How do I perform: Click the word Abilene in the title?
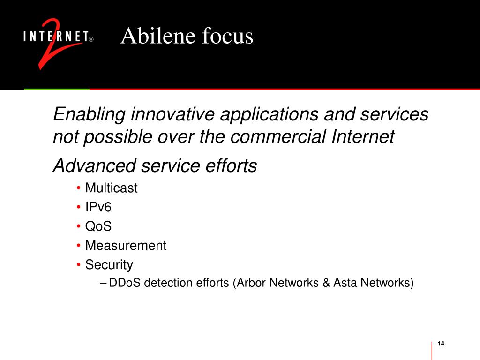(x=158, y=36)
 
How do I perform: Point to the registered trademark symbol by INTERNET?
(x=91, y=39)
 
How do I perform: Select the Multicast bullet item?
(x=112, y=187)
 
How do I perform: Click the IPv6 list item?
(x=98, y=207)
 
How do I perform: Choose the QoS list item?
(x=98, y=226)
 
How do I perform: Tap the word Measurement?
(x=126, y=246)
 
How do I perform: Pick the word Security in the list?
(x=109, y=265)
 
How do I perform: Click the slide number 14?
(x=441, y=344)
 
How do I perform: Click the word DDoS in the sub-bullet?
(x=125, y=283)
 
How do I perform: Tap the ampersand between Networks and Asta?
(x=326, y=283)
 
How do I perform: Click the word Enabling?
(x=90, y=114)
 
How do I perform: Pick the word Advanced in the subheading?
(x=95, y=165)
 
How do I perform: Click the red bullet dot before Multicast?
(x=79, y=187)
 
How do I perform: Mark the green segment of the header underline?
(x=57, y=89)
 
